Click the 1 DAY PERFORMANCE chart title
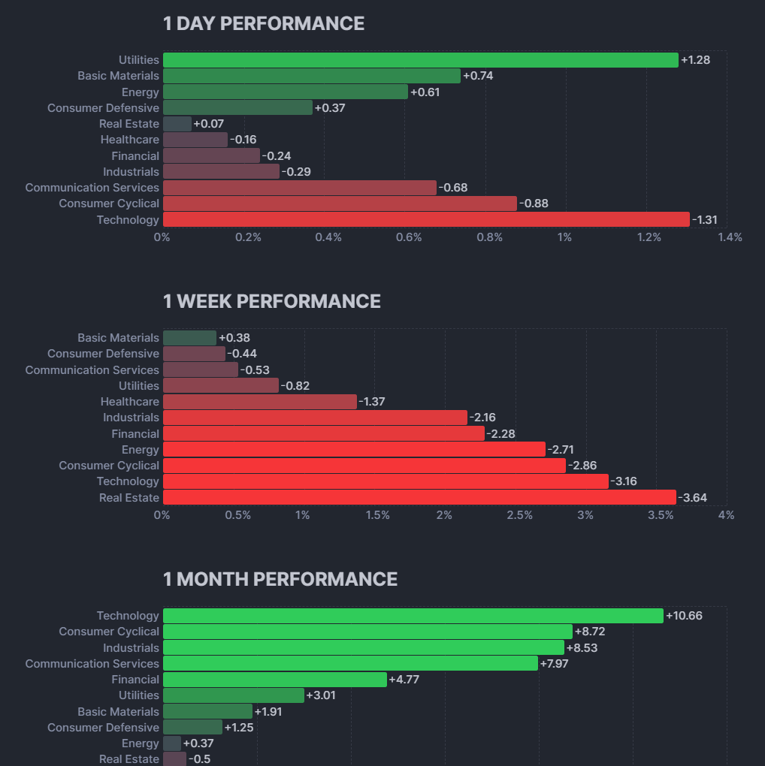(x=264, y=24)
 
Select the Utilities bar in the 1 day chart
(x=420, y=60)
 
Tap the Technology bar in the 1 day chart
(x=426, y=219)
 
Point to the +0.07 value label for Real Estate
(x=208, y=124)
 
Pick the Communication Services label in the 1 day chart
(x=92, y=188)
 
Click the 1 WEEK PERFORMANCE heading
(x=271, y=301)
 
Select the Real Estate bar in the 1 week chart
(x=419, y=497)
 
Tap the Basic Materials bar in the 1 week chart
(x=189, y=338)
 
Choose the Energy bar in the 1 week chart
(x=354, y=449)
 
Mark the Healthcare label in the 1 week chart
(x=130, y=402)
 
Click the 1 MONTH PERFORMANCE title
(x=280, y=579)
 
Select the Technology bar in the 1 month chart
(x=413, y=616)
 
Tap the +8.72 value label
(x=590, y=632)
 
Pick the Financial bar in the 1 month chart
(x=274, y=680)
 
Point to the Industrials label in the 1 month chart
(x=132, y=647)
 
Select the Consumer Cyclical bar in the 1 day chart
(x=340, y=204)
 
